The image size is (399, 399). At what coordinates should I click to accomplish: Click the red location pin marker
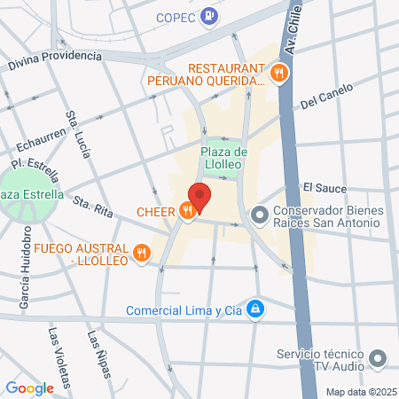point(199,197)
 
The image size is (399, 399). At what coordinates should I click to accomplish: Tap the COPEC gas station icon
point(208,15)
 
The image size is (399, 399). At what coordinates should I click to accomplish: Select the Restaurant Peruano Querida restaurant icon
point(279,74)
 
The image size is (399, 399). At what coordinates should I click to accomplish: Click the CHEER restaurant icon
point(185,211)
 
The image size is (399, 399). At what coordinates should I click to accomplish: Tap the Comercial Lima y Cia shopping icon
point(255,309)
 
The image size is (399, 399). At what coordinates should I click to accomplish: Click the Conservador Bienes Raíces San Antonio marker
point(260,215)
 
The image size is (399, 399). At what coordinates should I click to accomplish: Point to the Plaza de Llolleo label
point(222,157)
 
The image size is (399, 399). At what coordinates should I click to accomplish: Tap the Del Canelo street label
point(326,96)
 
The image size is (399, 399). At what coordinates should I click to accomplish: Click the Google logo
point(29,387)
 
